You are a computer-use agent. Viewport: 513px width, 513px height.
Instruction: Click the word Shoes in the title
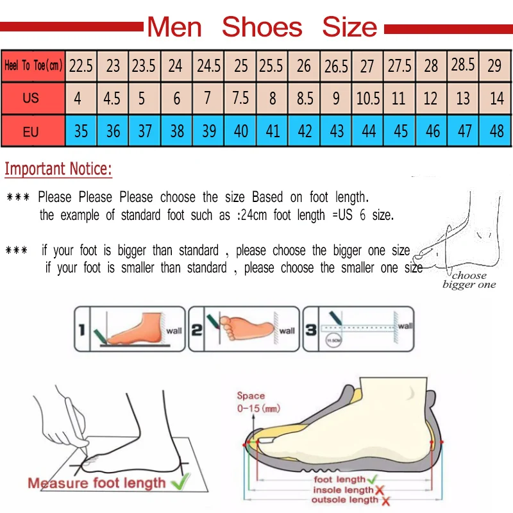point(262,27)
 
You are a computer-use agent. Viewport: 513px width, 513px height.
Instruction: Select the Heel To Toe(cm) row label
point(33,65)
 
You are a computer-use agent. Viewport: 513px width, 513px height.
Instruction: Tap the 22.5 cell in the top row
point(81,65)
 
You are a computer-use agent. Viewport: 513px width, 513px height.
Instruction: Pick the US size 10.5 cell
point(367,99)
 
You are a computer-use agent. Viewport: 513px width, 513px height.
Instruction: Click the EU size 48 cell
point(496,131)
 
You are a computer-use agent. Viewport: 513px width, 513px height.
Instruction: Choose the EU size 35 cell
point(81,131)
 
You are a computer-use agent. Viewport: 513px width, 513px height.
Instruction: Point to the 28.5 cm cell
point(463,65)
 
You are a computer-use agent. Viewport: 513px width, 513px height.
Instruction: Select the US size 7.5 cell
point(240,99)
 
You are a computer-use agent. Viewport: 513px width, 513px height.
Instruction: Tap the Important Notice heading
point(58,169)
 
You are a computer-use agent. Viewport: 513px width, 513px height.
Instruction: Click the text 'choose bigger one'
point(469,280)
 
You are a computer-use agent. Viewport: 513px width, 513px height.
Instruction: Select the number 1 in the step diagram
point(81,330)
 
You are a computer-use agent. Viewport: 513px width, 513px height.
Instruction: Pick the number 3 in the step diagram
point(310,330)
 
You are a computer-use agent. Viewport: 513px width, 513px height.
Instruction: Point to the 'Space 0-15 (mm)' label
point(258,402)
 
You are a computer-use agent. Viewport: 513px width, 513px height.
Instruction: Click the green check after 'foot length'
point(371,478)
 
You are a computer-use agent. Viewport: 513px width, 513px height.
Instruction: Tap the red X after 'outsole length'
point(387,500)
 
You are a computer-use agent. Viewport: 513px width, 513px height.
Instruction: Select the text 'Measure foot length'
point(96,483)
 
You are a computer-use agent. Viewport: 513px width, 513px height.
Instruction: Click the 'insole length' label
point(343,489)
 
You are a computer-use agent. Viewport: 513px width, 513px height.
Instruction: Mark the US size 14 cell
point(496,99)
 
